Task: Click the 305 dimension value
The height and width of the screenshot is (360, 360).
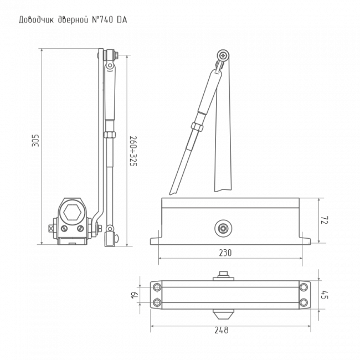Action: (35, 140)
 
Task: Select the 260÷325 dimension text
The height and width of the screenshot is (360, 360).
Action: (133, 151)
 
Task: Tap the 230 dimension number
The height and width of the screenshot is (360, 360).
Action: (225, 253)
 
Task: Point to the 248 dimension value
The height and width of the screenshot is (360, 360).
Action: (222, 330)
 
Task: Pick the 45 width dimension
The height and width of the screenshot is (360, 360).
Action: (325, 295)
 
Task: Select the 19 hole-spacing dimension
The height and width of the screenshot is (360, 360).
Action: (135, 295)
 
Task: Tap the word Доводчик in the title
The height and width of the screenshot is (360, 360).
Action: (36, 20)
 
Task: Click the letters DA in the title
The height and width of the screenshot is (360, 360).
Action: (122, 20)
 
